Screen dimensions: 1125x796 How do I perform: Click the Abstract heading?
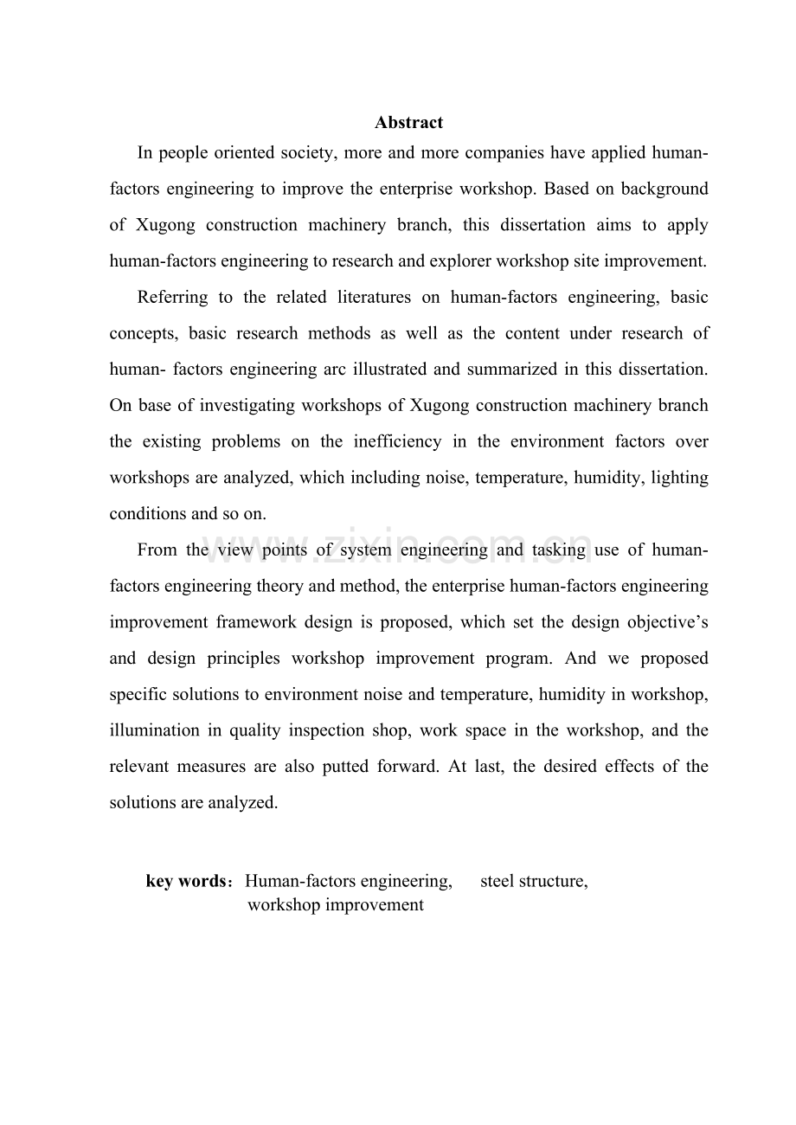click(408, 123)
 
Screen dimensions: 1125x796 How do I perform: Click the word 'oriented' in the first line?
click(216, 153)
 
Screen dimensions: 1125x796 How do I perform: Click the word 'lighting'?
click(679, 478)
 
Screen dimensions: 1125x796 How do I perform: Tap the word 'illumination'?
click(154, 730)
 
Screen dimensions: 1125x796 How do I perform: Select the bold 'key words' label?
click(187, 882)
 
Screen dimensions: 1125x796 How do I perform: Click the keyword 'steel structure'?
click(534, 882)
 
